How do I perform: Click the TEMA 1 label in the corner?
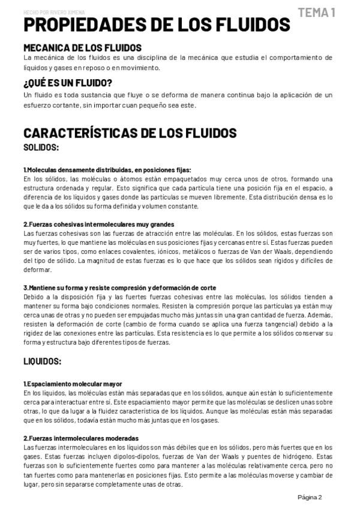[316, 12]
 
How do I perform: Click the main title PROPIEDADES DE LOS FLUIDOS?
[156, 25]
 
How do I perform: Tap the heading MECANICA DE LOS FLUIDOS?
[82, 47]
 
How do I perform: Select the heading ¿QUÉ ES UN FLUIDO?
[68, 83]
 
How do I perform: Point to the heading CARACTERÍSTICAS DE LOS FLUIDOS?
[130, 133]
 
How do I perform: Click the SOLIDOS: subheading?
[41, 147]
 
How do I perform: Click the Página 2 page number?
[310, 497]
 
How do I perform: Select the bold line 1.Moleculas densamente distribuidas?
[107, 170]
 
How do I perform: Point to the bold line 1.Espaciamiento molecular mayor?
[73, 384]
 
